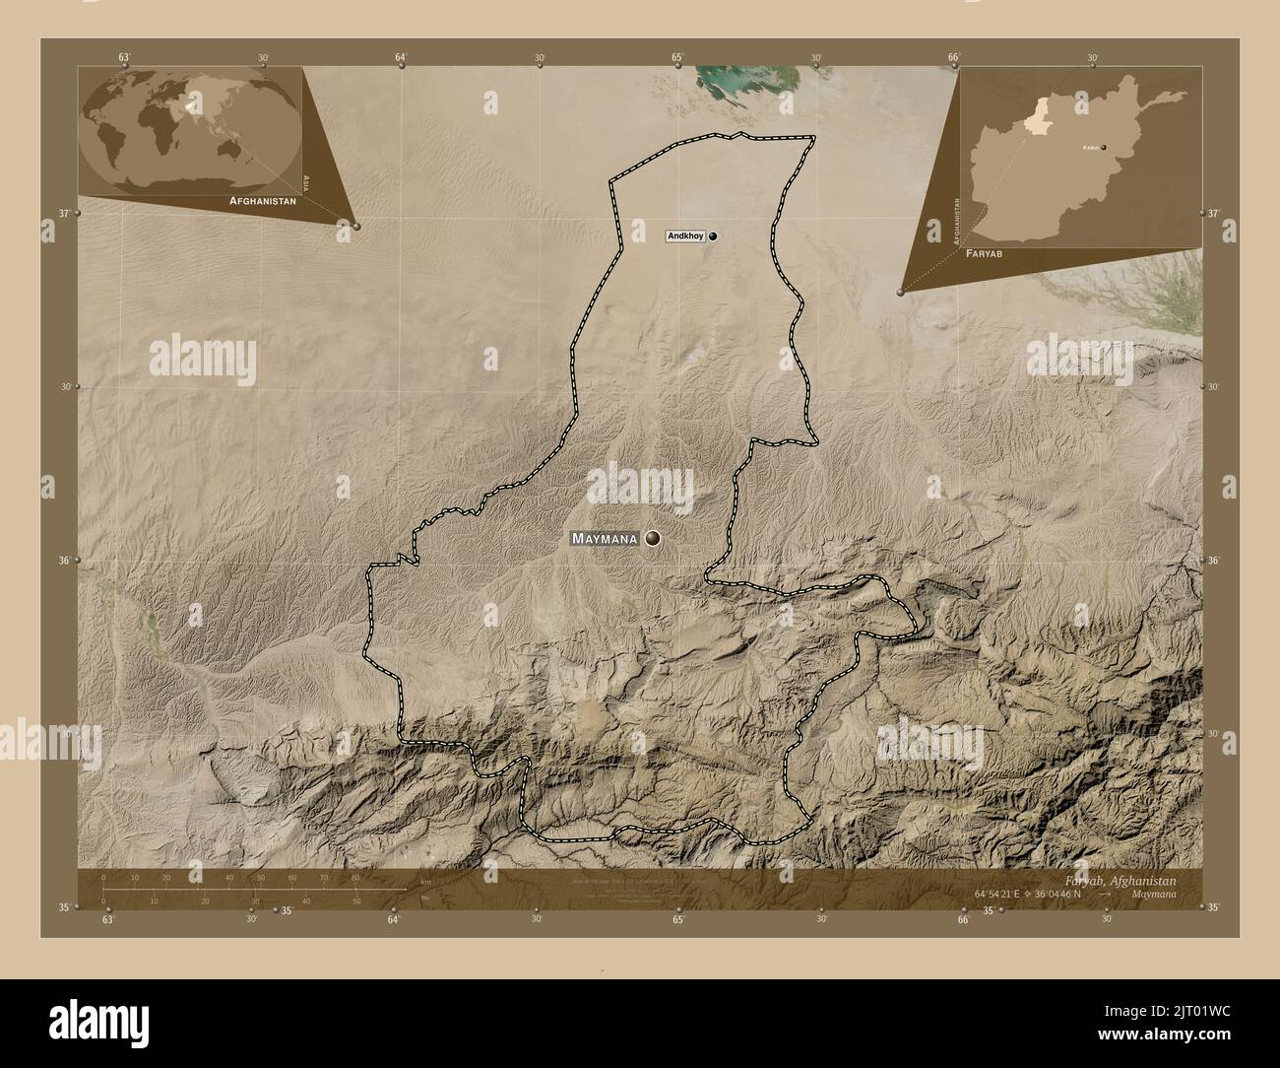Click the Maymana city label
pyautogui.click(x=605, y=539)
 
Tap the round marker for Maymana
pyautogui.click(x=653, y=538)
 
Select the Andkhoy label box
pyautogui.click(x=685, y=236)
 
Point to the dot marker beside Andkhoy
pyautogui.click(x=712, y=236)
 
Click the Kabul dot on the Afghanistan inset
pyautogui.click(x=1104, y=148)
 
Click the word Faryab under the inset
pyautogui.click(x=986, y=253)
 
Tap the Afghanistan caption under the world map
pyautogui.click(x=262, y=200)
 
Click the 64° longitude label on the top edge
pyautogui.click(x=401, y=58)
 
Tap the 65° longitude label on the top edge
pyautogui.click(x=677, y=58)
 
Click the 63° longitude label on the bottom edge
pyautogui.click(x=107, y=919)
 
